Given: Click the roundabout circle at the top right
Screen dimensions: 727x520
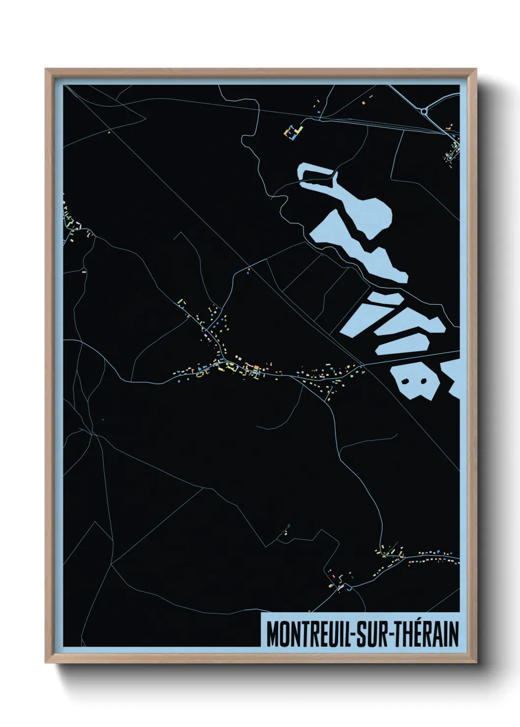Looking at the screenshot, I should [424, 112].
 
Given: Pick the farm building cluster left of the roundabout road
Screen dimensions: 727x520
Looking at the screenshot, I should [293, 132].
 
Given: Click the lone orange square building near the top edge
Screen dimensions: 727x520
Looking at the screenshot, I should [363, 103].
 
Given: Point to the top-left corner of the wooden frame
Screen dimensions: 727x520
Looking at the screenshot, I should [46, 69].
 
